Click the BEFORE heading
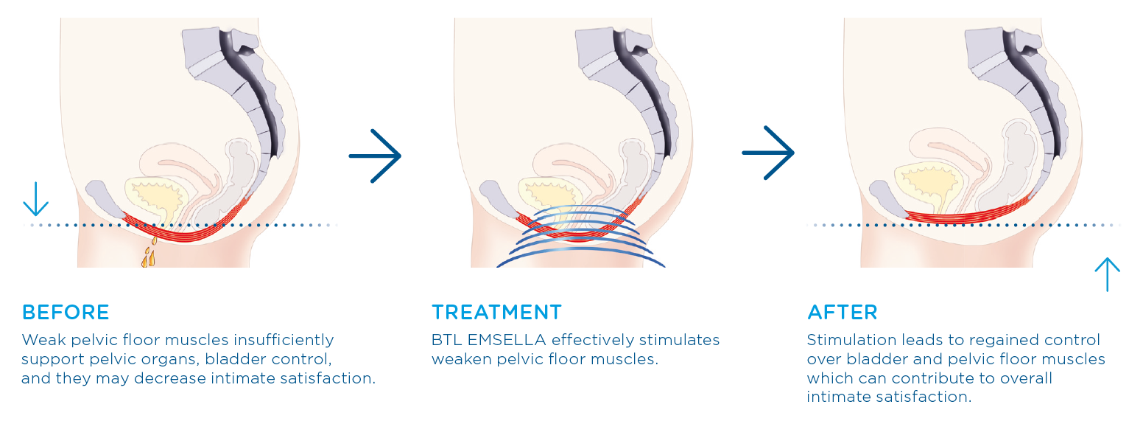click(66, 312)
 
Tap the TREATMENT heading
click(496, 312)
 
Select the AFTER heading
click(843, 312)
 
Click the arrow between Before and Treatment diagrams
click(375, 156)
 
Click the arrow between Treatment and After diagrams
click(768, 153)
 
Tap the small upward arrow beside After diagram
click(1107, 274)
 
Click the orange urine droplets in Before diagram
click(150, 253)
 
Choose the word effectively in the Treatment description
click(599, 341)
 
